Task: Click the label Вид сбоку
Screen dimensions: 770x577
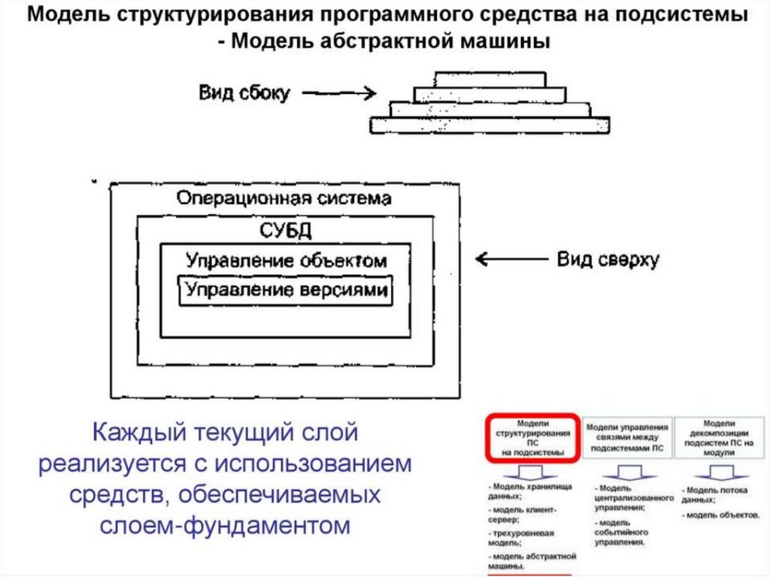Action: (x=244, y=93)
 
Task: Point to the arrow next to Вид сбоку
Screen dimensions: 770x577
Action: (x=338, y=94)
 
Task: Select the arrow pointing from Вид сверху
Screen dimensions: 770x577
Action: (x=511, y=260)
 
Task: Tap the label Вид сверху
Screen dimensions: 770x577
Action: (x=608, y=260)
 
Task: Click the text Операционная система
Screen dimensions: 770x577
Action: (x=283, y=199)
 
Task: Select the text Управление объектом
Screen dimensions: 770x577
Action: (x=286, y=260)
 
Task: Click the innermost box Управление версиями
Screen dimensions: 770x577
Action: (x=286, y=290)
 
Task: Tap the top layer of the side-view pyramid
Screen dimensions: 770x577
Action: (x=490, y=79)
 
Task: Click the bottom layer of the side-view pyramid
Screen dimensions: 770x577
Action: (x=490, y=125)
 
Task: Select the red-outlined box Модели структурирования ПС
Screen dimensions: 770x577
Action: (x=532, y=437)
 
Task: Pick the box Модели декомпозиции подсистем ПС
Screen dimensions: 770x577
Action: (x=720, y=436)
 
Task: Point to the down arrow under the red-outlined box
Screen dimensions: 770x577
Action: (x=532, y=474)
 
